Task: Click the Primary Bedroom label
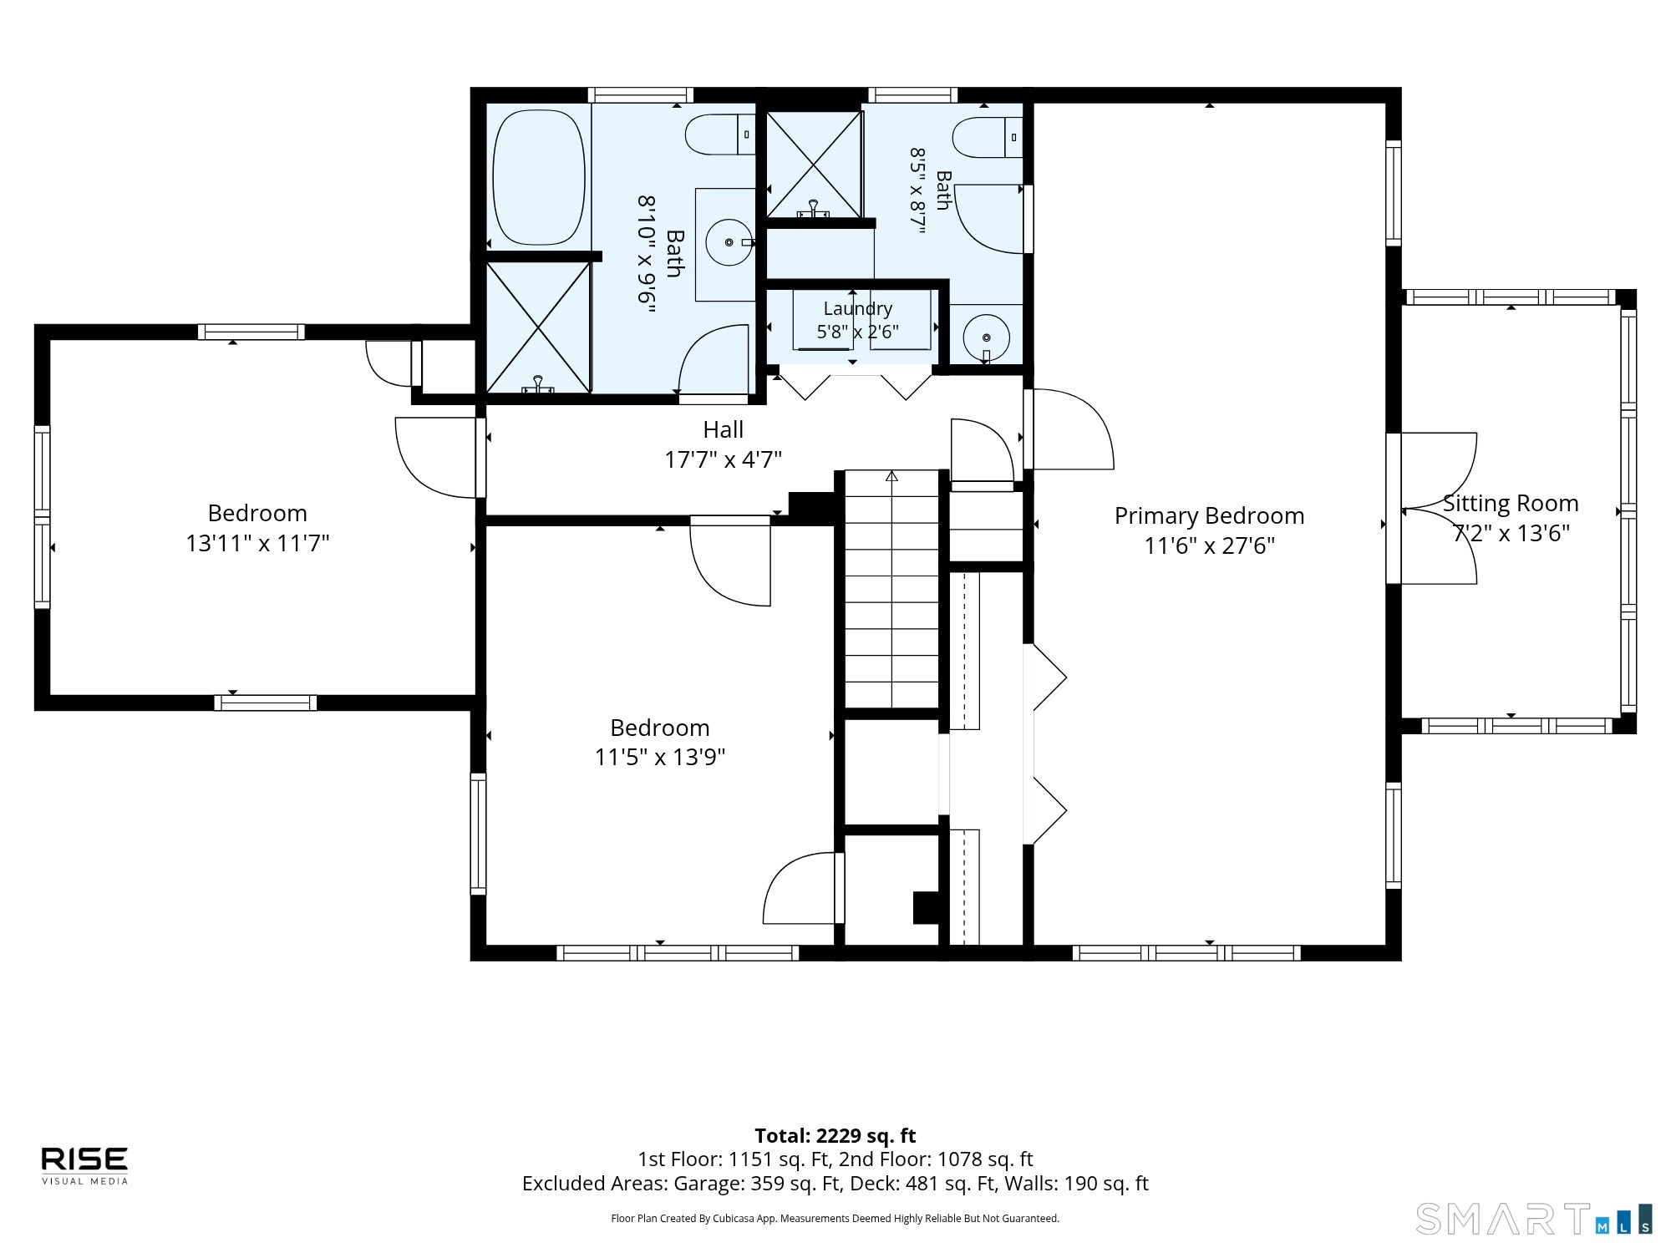(x=1209, y=515)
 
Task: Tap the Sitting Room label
(x=1511, y=503)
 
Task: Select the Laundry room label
(x=857, y=308)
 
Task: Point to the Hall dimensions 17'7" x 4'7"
(x=723, y=459)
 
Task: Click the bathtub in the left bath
(x=538, y=177)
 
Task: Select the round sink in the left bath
(x=729, y=242)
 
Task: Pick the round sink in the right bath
(x=987, y=337)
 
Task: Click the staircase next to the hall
(x=892, y=590)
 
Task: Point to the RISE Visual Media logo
(x=85, y=1165)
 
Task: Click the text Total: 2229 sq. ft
(x=835, y=1136)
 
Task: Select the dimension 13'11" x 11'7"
(x=257, y=543)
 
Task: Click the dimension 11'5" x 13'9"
(x=660, y=757)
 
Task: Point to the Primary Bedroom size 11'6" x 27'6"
(x=1209, y=545)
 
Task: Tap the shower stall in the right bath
(x=814, y=165)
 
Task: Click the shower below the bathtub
(x=539, y=327)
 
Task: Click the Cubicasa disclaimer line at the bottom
(x=835, y=1219)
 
